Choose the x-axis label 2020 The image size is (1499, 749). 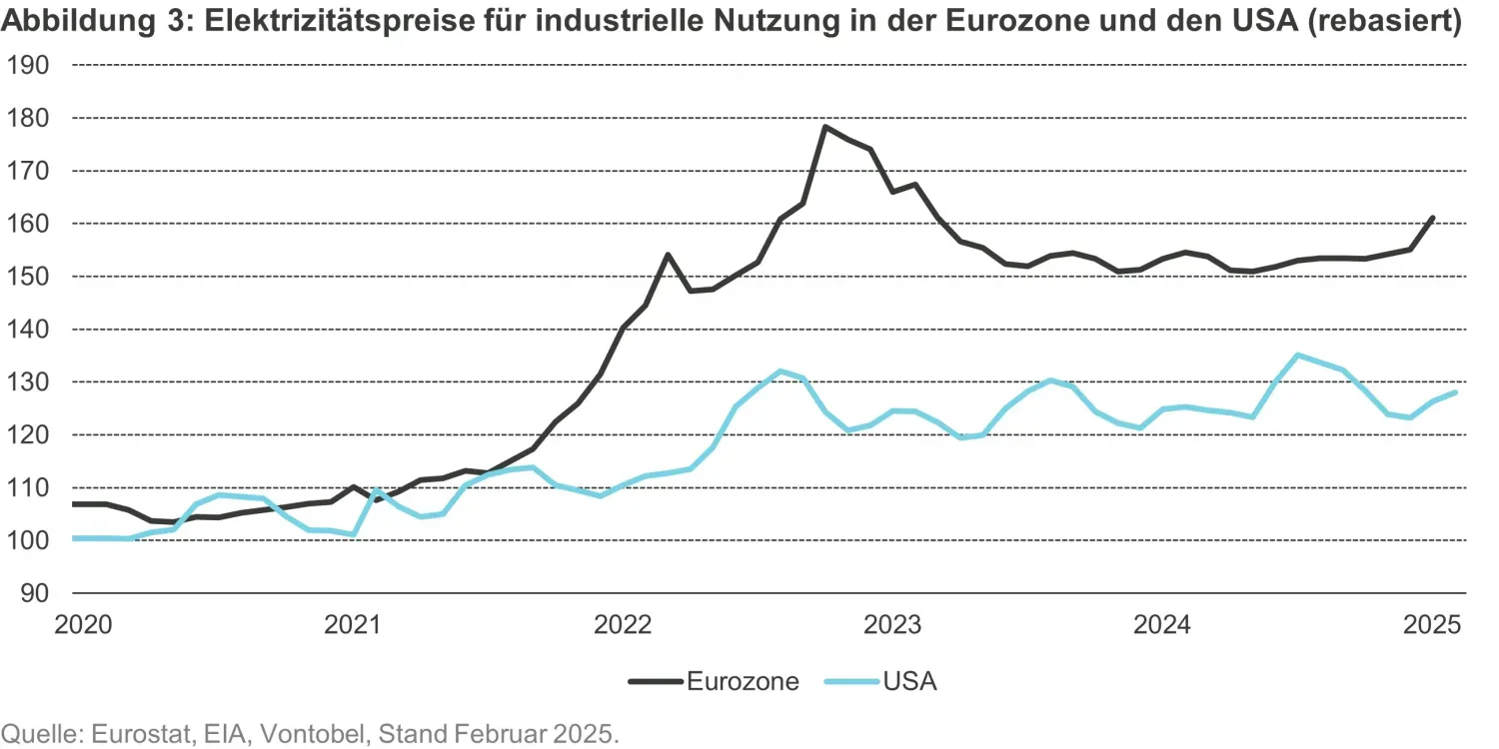click(81, 626)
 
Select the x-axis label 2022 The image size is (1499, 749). click(622, 626)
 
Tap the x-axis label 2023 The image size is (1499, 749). click(892, 626)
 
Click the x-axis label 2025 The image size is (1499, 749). click(1433, 626)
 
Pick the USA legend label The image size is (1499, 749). click(910, 682)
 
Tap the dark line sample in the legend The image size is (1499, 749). click(655, 682)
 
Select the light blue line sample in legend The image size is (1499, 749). click(850, 682)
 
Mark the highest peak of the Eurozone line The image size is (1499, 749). click(825, 127)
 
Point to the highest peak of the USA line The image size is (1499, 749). click(1297, 355)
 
